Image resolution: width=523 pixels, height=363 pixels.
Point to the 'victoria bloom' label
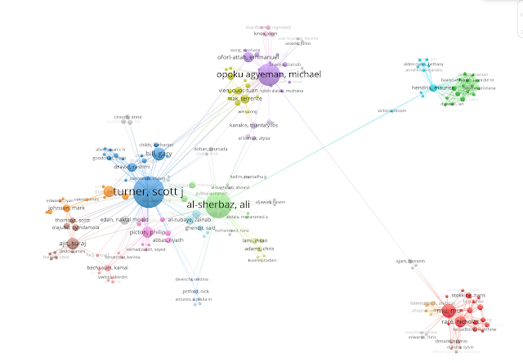point(392,110)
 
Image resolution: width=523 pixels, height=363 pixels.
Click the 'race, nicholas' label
point(458,322)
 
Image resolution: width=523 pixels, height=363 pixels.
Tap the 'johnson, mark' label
point(67,208)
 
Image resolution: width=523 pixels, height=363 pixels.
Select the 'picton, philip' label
point(149,232)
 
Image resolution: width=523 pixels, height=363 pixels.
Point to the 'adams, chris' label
point(257,249)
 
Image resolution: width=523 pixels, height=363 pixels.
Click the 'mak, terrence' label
point(245,98)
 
